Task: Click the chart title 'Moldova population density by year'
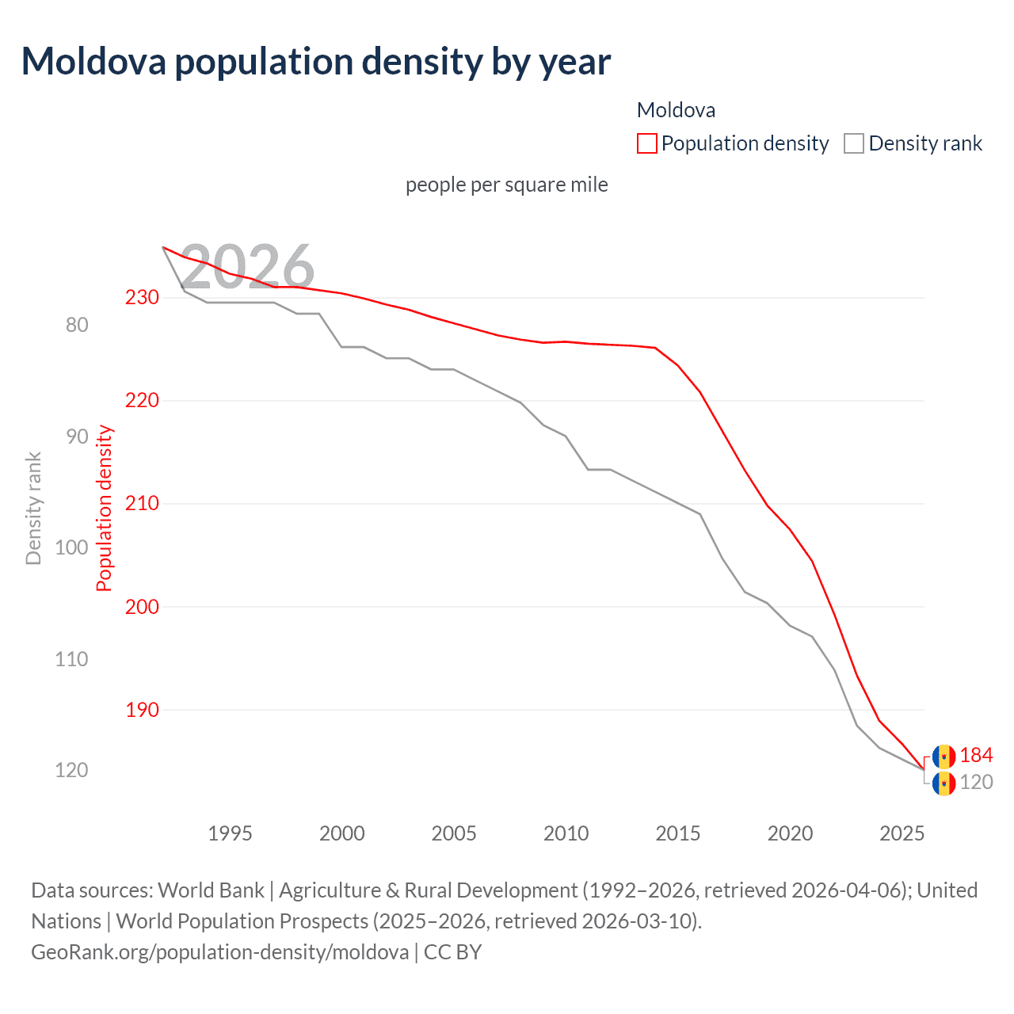tap(315, 62)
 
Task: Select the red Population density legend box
tap(646, 143)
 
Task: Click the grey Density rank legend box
tap(853, 143)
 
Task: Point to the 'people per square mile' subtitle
tap(506, 185)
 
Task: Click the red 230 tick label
tap(142, 297)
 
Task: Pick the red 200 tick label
tap(142, 607)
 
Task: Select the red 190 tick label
tap(142, 710)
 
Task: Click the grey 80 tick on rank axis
tap(77, 325)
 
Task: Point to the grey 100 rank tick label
tap(71, 547)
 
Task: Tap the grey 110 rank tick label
tap(71, 659)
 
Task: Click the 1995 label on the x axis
tap(230, 833)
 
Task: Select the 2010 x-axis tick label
tap(566, 833)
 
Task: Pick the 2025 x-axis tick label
tap(902, 833)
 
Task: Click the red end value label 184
tap(976, 756)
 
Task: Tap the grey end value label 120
tap(976, 783)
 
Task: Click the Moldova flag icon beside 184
tap(943, 757)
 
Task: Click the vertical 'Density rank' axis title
tap(33, 509)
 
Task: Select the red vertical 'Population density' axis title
tap(105, 509)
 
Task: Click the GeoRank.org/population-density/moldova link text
tap(219, 951)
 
